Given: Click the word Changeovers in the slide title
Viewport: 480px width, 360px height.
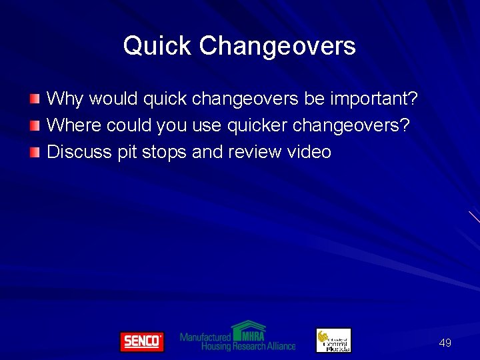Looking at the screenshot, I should point(277,47).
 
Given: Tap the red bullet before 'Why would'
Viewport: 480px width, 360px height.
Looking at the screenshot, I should point(35,99).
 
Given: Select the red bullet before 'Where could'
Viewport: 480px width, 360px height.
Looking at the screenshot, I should point(35,125).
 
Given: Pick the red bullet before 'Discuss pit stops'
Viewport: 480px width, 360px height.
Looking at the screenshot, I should point(35,152).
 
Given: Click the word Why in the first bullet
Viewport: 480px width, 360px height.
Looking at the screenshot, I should point(65,99).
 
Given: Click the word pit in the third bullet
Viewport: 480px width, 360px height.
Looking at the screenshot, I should point(127,152).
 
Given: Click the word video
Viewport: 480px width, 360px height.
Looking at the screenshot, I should point(309,152).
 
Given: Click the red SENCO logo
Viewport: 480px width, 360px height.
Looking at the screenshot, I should point(141,341).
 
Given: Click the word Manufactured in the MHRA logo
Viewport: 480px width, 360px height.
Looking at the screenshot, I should point(205,337).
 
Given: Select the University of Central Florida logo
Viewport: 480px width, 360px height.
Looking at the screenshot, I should point(333,340).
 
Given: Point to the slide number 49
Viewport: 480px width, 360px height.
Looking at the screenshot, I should point(445,343).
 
